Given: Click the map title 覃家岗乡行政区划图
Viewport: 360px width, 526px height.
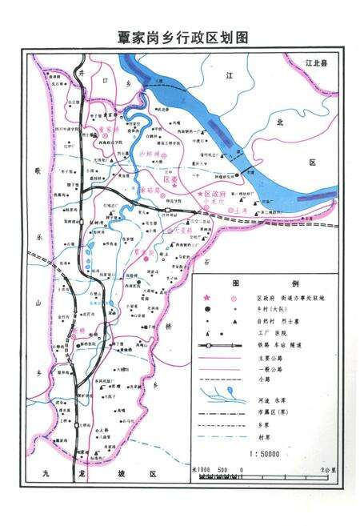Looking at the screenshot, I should [179, 38].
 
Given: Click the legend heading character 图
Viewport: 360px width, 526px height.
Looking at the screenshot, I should [237, 283].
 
